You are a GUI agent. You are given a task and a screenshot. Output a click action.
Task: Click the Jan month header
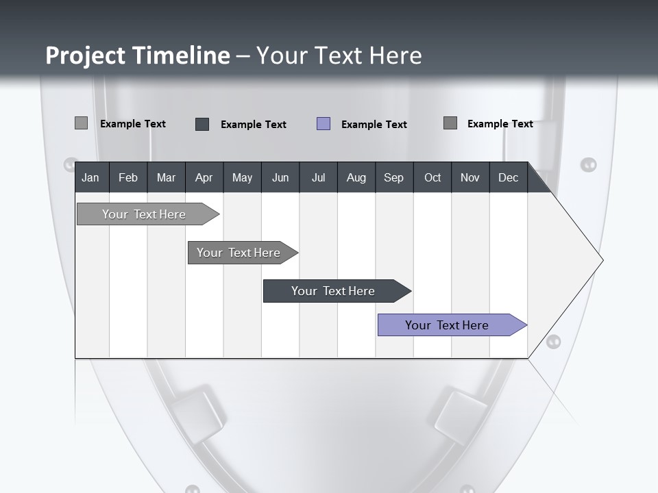point(90,178)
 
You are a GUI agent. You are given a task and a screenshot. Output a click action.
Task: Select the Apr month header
point(204,178)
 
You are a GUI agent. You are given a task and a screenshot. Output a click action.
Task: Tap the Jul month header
point(318,178)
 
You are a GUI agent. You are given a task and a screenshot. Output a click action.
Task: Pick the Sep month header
point(393,178)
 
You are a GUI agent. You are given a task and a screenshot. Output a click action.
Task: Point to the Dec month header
point(508,178)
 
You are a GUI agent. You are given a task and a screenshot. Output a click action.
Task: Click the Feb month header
point(128,178)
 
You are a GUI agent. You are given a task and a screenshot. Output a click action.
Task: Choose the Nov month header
point(470,178)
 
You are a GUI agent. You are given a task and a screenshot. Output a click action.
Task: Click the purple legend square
point(324,124)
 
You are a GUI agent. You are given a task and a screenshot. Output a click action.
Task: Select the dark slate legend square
point(202,124)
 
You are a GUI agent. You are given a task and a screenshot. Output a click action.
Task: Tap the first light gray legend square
point(81,123)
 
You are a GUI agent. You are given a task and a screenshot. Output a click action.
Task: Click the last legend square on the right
point(450,123)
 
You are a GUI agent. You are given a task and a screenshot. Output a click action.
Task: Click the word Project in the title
point(85,55)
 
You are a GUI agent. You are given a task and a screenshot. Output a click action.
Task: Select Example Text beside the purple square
point(374,125)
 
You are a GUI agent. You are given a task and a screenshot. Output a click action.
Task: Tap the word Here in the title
point(395,55)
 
